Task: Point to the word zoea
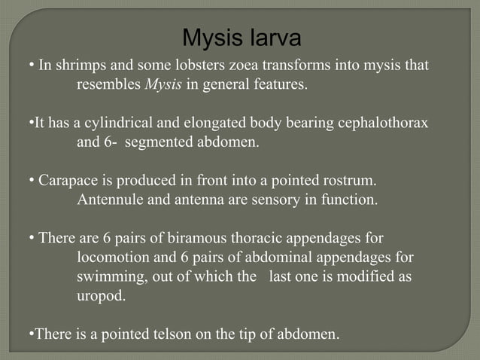227,66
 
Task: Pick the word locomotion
112,258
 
